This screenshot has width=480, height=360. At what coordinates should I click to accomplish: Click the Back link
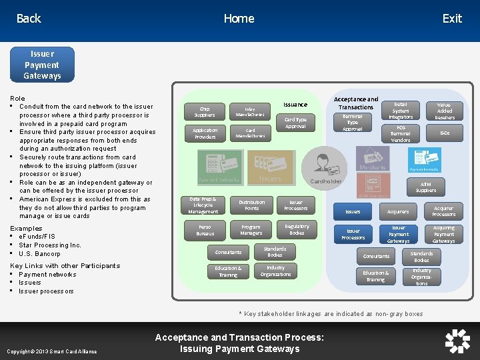click(x=29, y=19)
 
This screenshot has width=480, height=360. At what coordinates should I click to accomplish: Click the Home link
click(x=239, y=19)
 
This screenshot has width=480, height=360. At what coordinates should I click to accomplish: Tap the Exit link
click(x=452, y=19)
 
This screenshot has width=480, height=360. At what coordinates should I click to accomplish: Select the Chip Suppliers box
click(x=205, y=111)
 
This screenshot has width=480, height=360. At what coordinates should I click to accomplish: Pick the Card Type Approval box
click(x=295, y=123)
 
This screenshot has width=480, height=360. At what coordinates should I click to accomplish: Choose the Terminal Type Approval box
click(x=352, y=122)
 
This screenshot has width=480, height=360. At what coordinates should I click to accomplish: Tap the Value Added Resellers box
click(x=445, y=111)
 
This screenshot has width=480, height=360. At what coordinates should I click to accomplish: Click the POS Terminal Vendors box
click(x=401, y=133)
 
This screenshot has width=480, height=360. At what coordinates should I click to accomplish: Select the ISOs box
click(x=445, y=133)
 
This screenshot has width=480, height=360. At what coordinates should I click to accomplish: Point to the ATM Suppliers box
click(x=426, y=187)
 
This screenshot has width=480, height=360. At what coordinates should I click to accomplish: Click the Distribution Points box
click(x=251, y=205)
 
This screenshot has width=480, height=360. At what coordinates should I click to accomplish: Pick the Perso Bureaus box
click(x=205, y=231)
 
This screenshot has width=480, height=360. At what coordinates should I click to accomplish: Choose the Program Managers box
click(x=251, y=231)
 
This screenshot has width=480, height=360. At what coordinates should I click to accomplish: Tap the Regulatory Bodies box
click(x=297, y=230)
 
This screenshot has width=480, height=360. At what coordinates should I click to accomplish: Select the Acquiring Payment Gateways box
click(x=443, y=234)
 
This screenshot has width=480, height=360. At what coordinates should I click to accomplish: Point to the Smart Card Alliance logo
click(x=457, y=341)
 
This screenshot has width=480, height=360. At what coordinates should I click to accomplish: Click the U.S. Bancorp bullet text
click(x=39, y=254)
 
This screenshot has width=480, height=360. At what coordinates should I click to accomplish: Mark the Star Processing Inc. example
click(x=50, y=245)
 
